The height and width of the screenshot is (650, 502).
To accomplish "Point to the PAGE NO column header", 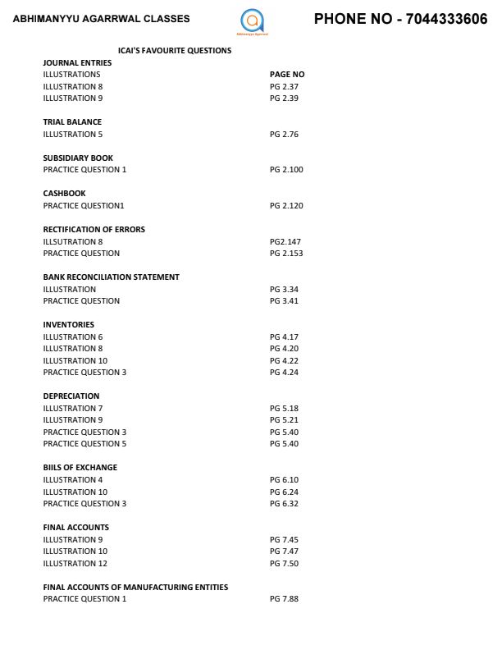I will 287,74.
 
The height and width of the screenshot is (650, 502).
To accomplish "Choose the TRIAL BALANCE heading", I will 72,121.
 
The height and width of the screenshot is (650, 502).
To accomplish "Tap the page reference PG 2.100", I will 286,169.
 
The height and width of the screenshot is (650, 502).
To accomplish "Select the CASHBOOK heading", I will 64,194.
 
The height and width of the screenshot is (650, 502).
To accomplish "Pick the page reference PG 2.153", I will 286,253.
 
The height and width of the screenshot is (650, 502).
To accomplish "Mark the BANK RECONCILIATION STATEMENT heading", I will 111,277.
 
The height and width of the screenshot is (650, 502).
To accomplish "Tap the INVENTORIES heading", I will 68,324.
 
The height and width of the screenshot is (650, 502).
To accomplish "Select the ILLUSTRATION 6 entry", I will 73,336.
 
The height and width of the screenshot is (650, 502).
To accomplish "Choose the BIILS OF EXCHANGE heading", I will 80,467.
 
